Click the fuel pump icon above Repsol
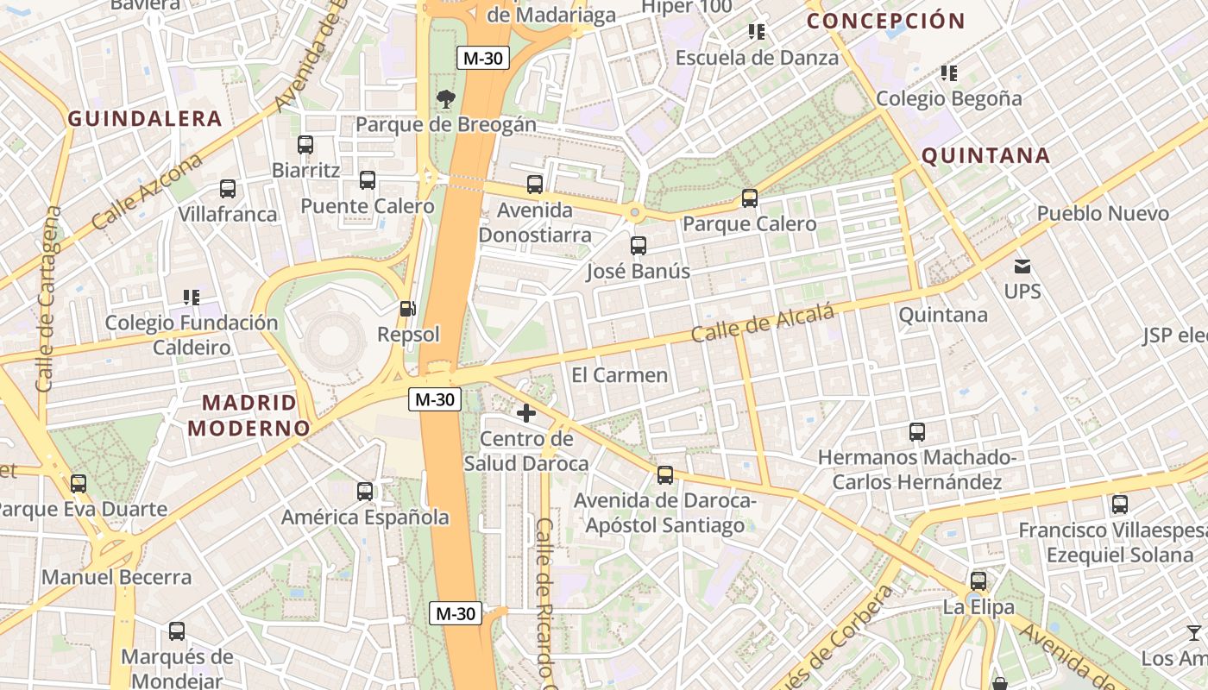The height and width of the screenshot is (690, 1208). click(407, 308)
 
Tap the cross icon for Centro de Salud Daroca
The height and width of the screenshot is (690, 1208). click(525, 413)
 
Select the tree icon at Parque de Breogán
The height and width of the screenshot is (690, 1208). click(445, 98)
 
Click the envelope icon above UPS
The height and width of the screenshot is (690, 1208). click(1022, 266)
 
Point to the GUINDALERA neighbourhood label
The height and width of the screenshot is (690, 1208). click(145, 119)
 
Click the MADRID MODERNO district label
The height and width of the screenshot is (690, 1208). click(249, 415)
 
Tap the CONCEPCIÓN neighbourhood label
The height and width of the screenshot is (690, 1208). click(886, 21)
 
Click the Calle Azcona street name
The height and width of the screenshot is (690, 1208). click(147, 191)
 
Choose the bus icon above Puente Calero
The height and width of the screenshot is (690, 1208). click(368, 180)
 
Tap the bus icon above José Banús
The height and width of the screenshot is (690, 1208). click(639, 246)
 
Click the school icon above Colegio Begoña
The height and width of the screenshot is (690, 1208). click(949, 73)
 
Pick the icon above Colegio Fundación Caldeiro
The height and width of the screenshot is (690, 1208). click(192, 298)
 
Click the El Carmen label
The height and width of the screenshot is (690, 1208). click(620, 375)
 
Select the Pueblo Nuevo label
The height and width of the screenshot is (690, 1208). click(1103, 213)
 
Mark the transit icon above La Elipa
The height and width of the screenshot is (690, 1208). click(978, 580)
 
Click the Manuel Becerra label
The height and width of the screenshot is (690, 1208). click(116, 577)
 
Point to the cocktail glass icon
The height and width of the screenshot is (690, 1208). click(1193, 633)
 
